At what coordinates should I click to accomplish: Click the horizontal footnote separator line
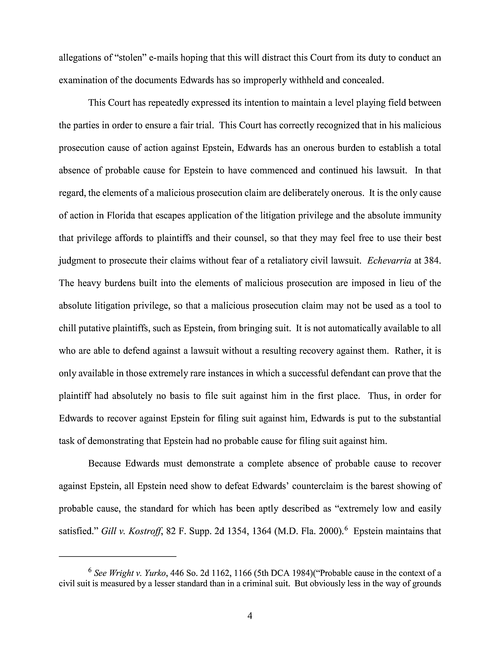118,557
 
